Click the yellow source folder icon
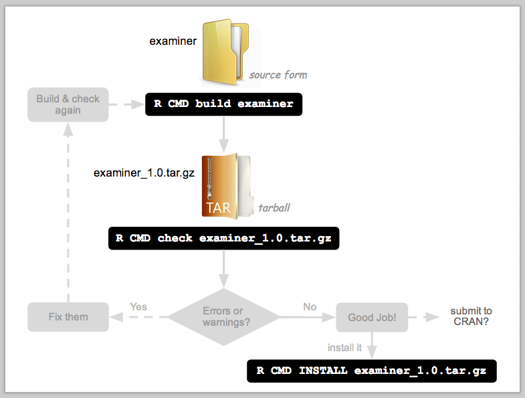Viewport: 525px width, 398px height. pyautogui.click(x=225, y=52)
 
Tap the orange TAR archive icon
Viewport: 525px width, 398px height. pyautogui.click(x=226, y=186)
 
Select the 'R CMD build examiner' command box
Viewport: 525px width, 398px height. pyautogui.click(x=223, y=104)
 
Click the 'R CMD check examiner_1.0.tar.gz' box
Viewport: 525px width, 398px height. pyautogui.click(x=223, y=238)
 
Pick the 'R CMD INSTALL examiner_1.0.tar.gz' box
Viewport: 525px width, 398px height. pyautogui.click(x=372, y=371)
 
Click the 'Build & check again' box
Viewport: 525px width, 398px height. pyautogui.click(x=68, y=104)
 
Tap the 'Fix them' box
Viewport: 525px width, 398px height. pyautogui.click(x=68, y=317)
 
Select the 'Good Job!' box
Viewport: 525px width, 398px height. pyautogui.click(x=372, y=317)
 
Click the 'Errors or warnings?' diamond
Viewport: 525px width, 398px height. pyautogui.click(x=223, y=317)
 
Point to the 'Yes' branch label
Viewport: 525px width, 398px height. pyautogui.click(x=138, y=306)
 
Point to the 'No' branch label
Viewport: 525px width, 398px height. pyautogui.click(x=310, y=306)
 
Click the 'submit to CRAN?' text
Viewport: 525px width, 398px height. pyautogui.click(x=471, y=316)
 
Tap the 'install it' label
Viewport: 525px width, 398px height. pyautogui.click(x=344, y=348)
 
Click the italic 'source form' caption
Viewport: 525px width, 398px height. pyautogui.click(x=278, y=75)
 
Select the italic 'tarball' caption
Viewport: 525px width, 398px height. pyautogui.click(x=274, y=208)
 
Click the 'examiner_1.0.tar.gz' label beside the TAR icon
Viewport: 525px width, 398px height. pyautogui.click(x=144, y=173)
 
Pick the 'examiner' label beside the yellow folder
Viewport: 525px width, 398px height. pyautogui.click(x=173, y=41)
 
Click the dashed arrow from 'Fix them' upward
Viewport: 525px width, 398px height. pyautogui.click(x=68, y=213)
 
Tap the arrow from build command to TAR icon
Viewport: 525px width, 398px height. pyautogui.click(x=223, y=134)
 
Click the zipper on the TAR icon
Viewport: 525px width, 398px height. pyautogui.click(x=210, y=179)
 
